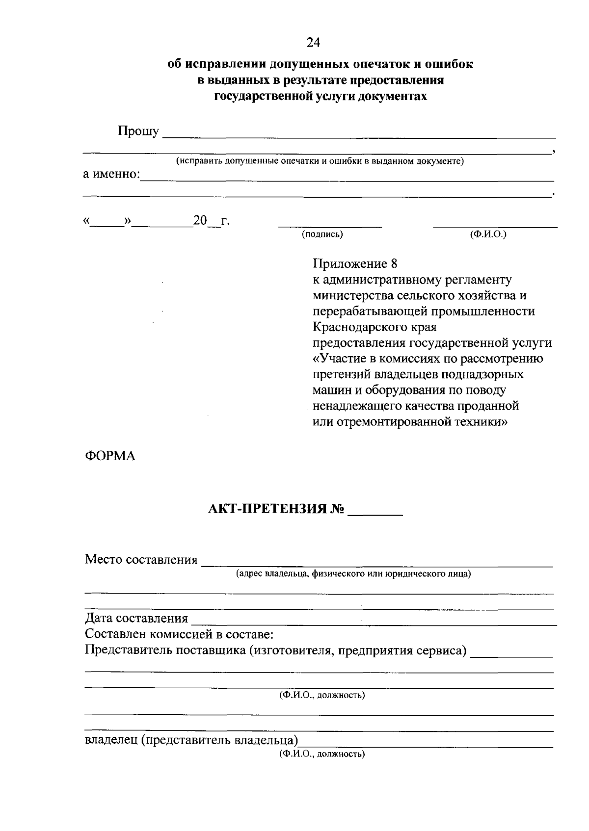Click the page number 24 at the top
[x=313, y=43]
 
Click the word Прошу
[x=138, y=131]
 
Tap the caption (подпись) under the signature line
[x=322, y=234]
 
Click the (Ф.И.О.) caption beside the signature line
[x=488, y=234]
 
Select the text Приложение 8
[x=355, y=264]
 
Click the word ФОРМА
[x=110, y=456]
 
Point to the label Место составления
[x=141, y=560]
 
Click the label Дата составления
[x=136, y=619]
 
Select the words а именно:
[x=111, y=174]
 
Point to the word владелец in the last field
[x=111, y=740]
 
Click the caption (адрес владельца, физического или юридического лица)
[x=353, y=573]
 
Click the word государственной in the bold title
[x=257, y=96]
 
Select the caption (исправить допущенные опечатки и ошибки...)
[x=320, y=161]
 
